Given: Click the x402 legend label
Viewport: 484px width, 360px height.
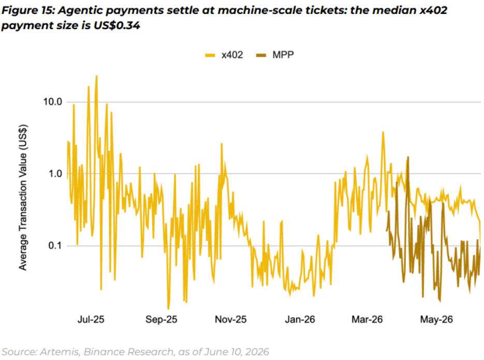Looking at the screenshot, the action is [232, 55].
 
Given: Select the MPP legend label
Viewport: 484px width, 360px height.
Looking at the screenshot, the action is [283, 55].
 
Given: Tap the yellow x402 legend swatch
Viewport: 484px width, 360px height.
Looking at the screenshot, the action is [210, 55].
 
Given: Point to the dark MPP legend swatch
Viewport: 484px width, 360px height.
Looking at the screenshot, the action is [261, 55].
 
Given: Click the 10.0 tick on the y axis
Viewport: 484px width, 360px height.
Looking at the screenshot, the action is [53, 102].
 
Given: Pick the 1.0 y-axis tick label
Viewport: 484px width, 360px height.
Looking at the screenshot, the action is [55, 174].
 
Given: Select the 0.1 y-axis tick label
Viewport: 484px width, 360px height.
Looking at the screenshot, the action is [55, 246].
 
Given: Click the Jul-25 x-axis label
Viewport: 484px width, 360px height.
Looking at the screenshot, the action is [91, 319].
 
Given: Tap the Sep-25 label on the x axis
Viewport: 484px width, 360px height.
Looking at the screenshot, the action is [162, 319].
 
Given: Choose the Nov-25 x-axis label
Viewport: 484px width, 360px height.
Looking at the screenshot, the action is [231, 319].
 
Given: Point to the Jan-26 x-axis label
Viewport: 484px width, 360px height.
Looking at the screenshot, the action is [300, 319].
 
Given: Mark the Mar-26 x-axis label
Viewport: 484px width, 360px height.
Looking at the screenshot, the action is [367, 319].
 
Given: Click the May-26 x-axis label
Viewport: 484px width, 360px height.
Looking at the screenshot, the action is [436, 319].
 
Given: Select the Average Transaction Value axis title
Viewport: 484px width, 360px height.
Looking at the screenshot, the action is [23, 198].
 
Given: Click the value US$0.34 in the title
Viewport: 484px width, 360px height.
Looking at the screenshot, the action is [117, 25].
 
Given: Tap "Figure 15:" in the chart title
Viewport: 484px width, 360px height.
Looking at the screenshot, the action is [28, 10].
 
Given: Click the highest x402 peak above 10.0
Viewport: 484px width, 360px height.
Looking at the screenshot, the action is [97, 76].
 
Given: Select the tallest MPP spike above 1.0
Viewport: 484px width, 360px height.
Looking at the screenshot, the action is [408, 157].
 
